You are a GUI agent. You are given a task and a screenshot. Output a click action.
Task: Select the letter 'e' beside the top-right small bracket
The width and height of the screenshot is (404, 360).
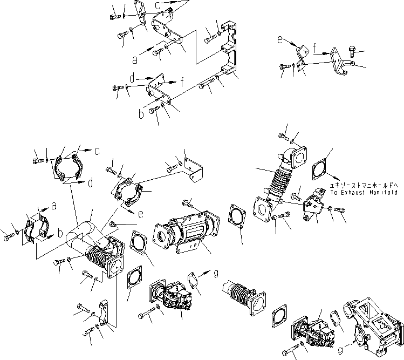pyautogui.click(x=279, y=40)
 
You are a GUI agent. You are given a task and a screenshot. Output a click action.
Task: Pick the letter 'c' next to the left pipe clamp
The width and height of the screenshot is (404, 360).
pyautogui.click(x=97, y=151)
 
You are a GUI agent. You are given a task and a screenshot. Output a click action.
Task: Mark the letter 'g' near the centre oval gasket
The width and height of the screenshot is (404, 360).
pyautogui.click(x=216, y=273)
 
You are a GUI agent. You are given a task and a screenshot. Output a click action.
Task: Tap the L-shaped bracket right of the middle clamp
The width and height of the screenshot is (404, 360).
pyautogui.click(x=193, y=169)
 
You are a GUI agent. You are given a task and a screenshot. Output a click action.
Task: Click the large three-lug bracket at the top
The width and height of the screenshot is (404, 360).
pyautogui.click(x=229, y=51)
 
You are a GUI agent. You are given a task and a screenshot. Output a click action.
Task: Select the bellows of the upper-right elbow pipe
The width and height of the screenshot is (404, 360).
pyautogui.click(x=275, y=178)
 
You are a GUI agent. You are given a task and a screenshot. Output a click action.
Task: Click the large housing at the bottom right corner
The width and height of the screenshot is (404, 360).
pyautogui.click(x=372, y=313)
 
